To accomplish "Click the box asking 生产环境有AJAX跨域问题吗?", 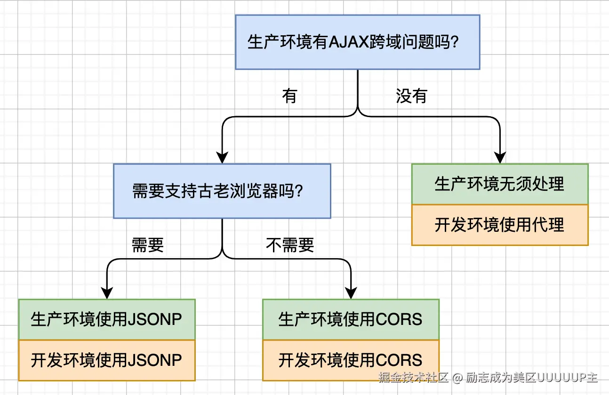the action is pos(358,42).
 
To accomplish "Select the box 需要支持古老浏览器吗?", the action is pos(222,191).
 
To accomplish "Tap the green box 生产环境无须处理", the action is pos(500,184).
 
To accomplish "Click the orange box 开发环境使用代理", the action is pos(500,225).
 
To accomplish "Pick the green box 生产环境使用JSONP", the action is pos(107,319).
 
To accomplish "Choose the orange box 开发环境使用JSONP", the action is pos(107,361).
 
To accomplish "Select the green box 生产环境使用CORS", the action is pos(351,319).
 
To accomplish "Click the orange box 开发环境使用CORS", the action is pos(351,361).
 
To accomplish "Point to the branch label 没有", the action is pos(411,96).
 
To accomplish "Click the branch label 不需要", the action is pos(290,245).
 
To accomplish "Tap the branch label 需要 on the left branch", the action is pos(148,245).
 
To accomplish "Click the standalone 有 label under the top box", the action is pos(289,96).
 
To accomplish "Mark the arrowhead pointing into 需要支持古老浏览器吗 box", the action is pos(222,158).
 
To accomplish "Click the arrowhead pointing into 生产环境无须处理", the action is pos(500,158).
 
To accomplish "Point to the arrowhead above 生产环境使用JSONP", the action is pos(107,293).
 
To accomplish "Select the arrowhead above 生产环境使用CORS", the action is pos(351,293).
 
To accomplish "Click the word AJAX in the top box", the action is pos(349,42).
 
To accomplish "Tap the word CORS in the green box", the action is pos(399,319).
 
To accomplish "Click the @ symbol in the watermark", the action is pos(457,378).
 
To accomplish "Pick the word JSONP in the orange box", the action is pos(155,361).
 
